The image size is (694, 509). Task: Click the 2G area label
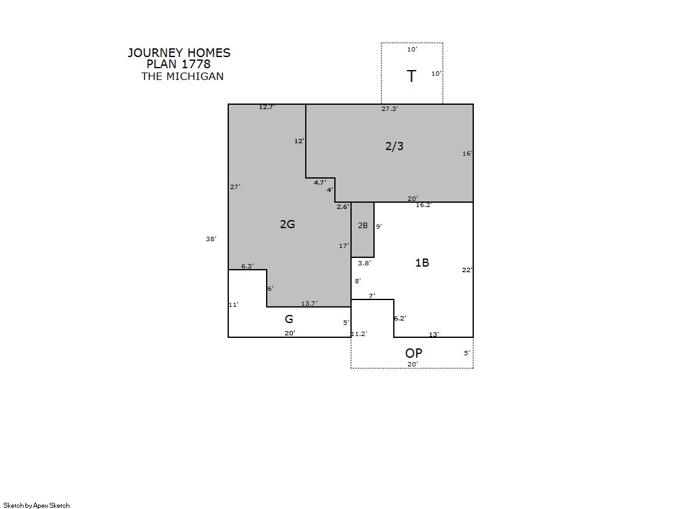click(287, 224)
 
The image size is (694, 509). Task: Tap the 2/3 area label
click(394, 146)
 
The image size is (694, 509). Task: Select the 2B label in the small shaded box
click(363, 226)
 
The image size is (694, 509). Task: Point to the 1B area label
click(422, 263)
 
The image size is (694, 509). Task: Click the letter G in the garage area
click(289, 319)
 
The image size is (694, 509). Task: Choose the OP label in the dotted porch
click(414, 353)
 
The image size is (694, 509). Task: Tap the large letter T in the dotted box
click(412, 76)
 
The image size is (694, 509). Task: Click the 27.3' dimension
click(389, 109)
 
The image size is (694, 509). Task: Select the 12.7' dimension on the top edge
click(267, 107)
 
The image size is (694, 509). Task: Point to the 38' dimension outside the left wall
click(211, 239)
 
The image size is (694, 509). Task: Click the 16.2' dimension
click(424, 205)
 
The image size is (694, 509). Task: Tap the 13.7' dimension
click(309, 304)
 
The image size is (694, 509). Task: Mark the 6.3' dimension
click(247, 267)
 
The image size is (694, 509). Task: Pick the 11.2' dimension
click(359, 334)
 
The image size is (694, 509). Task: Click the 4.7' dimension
click(320, 183)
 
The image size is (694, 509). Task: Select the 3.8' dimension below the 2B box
click(364, 263)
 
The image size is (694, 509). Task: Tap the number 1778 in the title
click(196, 64)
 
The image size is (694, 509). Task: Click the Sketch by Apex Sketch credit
click(37, 505)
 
